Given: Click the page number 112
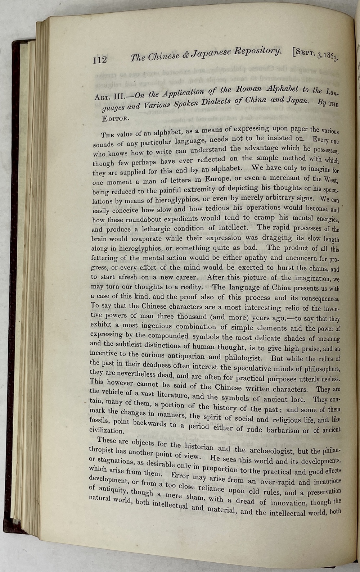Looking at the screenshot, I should pos(100,59).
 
